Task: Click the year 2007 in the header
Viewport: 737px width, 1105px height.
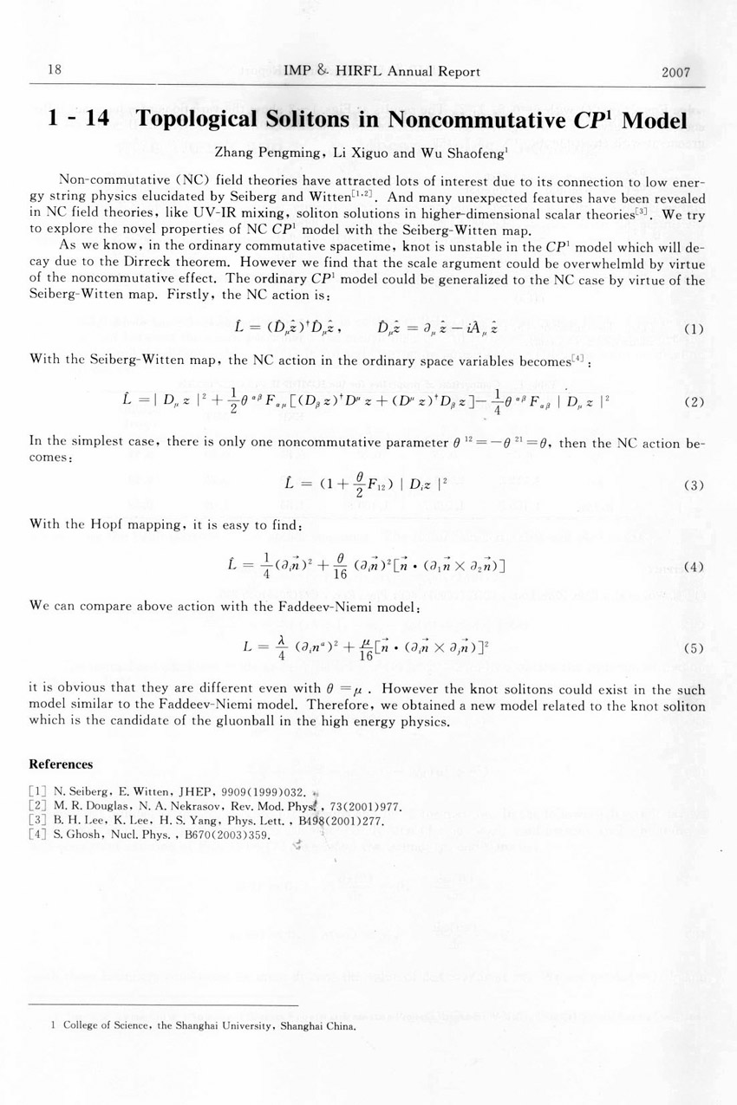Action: point(675,72)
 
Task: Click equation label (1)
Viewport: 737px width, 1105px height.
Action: point(693,329)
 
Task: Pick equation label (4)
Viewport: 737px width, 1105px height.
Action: point(693,568)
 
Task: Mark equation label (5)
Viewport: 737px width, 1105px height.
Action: point(693,647)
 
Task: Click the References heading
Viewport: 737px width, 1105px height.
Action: point(61,764)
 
